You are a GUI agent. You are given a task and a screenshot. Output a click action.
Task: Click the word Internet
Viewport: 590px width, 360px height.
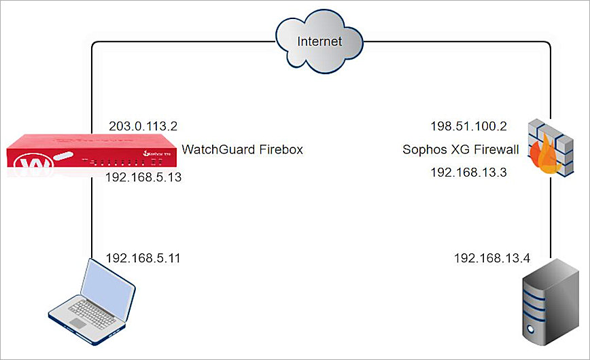319,41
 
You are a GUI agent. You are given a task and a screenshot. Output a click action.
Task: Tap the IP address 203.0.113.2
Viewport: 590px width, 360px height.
143,126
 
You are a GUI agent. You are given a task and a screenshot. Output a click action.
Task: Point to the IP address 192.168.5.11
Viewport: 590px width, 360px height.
143,258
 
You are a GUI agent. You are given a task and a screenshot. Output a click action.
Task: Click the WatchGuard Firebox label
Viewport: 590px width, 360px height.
241,149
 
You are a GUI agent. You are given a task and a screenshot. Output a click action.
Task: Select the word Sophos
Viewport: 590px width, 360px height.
423,149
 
